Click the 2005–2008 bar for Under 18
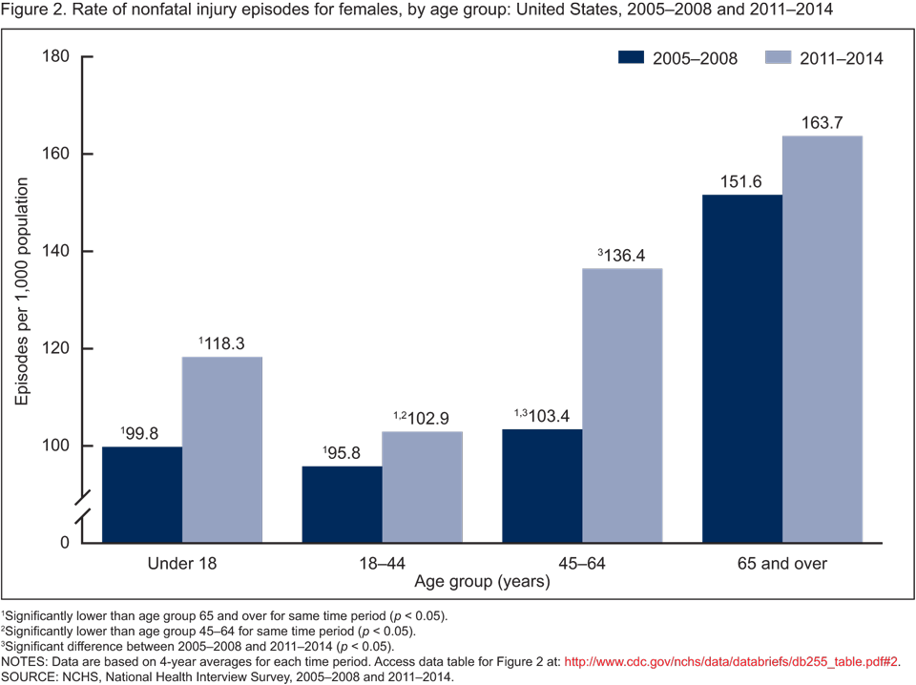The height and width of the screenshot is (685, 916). [x=142, y=494]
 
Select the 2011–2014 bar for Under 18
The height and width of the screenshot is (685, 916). [x=222, y=449]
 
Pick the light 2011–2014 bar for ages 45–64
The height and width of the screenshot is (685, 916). [x=622, y=405]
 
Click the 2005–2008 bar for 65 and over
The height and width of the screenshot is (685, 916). [x=741, y=368]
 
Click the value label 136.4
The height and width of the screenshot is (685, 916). [x=626, y=255]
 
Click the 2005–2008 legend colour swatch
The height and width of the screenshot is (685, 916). [x=633, y=58]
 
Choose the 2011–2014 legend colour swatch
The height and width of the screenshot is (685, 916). [x=780, y=58]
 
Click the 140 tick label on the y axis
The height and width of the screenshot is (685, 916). [x=56, y=251]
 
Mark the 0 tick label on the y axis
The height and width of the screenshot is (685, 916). [x=64, y=543]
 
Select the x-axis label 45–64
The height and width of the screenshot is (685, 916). [x=581, y=563]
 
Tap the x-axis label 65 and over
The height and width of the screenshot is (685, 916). [x=781, y=563]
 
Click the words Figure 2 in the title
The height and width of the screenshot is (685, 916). [x=29, y=11]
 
